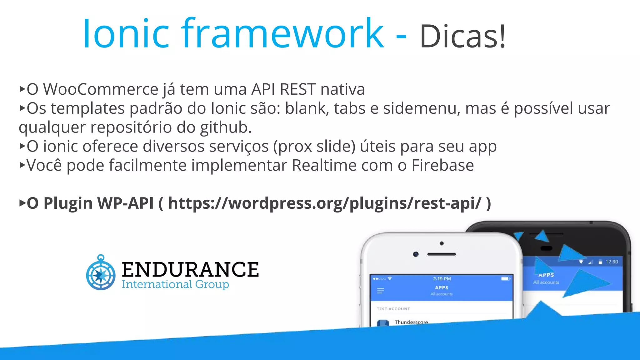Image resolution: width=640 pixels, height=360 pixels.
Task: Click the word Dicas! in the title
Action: [462, 37]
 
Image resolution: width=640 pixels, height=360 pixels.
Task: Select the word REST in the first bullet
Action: [297, 89]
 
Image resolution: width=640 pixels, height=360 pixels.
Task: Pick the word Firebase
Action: [442, 165]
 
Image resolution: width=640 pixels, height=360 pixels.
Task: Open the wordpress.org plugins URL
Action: [325, 203]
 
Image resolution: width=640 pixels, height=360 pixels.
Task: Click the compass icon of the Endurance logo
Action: [101, 273]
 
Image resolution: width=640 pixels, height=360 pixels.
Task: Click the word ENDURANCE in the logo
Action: [190, 269]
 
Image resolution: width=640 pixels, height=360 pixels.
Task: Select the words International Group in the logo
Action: [175, 284]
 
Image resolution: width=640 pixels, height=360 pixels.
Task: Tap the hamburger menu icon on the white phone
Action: [380, 291]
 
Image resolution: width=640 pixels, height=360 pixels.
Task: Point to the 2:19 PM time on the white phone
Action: [442, 279]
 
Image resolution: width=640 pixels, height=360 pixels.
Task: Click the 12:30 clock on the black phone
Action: [612, 262]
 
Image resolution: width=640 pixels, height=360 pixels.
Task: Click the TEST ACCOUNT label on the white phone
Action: [393, 309]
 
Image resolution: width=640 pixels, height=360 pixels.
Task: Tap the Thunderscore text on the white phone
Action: [411, 322]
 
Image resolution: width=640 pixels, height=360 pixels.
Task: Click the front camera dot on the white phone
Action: [416, 254]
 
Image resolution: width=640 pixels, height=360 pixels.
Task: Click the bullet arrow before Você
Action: [22, 165]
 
